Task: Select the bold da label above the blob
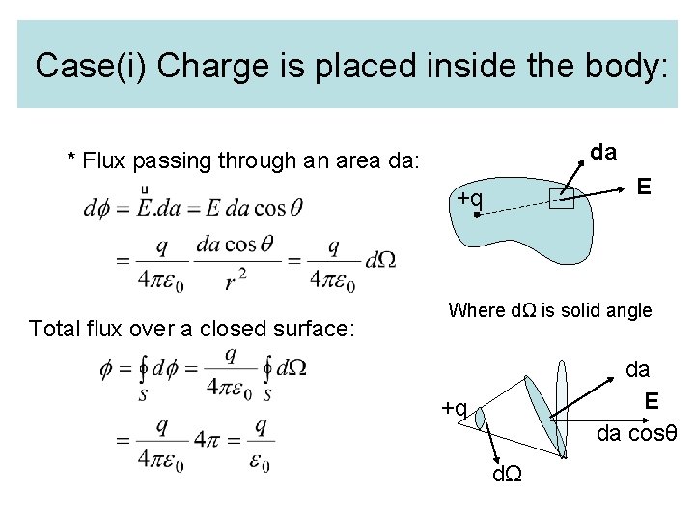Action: (x=603, y=152)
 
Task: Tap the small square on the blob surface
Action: (x=561, y=200)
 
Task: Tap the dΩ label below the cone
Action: (x=508, y=475)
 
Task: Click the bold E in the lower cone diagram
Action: (x=653, y=400)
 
